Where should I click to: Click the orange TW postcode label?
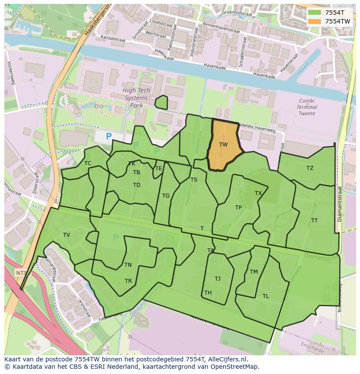(223, 145)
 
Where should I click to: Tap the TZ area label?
(310, 168)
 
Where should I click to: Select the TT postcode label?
(314, 221)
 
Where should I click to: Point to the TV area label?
(67, 235)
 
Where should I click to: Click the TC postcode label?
(88, 163)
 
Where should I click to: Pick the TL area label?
(266, 296)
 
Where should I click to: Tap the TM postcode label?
(254, 272)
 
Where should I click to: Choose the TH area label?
(208, 293)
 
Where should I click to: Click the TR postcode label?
(128, 281)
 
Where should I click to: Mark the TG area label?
(166, 196)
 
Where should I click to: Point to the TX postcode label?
(258, 193)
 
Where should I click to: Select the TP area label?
(238, 208)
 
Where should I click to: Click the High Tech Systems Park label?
(136, 98)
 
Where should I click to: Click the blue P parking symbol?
(109, 136)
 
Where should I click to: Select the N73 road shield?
(20, 273)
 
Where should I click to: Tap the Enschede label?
(312, 348)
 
